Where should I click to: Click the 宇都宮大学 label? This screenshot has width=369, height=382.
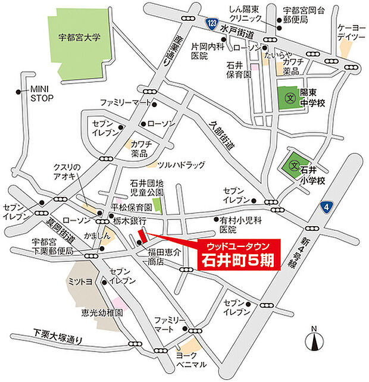[x=80, y=37]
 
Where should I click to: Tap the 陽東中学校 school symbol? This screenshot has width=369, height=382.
[x=290, y=96]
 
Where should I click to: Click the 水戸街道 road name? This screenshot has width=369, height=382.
[x=235, y=29]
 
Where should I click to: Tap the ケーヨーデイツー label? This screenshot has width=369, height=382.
[x=351, y=33]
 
